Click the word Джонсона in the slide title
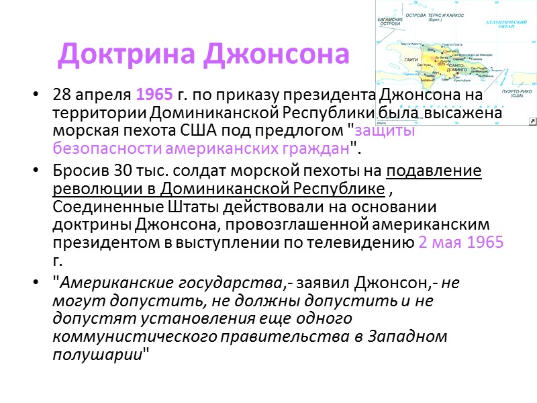pyautogui.click(x=276, y=54)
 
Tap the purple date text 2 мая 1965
pyautogui.click(x=460, y=242)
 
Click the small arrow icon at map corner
pyautogui.click(x=532, y=121)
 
